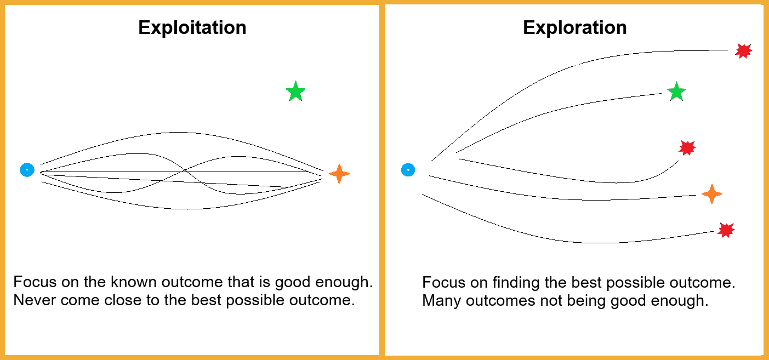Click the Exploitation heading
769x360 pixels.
pyautogui.click(x=192, y=27)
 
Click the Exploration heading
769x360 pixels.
pyautogui.click(x=574, y=27)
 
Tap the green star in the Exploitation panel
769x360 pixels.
pyautogui.click(x=295, y=92)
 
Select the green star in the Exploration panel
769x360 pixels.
pyautogui.click(x=676, y=92)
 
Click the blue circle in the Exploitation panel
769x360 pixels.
pyautogui.click(x=27, y=170)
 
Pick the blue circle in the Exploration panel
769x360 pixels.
pyautogui.click(x=408, y=170)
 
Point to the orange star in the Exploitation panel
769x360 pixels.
pyautogui.click(x=339, y=174)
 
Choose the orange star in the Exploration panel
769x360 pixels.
pyautogui.click(x=711, y=194)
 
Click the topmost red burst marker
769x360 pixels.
pyautogui.click(x=743, y=51)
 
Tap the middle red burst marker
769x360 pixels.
pyautogui.click(x=687, y=147)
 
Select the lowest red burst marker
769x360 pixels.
pyautogui.click(x=726, y=230)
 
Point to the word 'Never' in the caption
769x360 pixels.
pyautogui.click(x=31, y=301)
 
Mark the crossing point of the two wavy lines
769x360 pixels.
pyautogui.click(x=186, y=174)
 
